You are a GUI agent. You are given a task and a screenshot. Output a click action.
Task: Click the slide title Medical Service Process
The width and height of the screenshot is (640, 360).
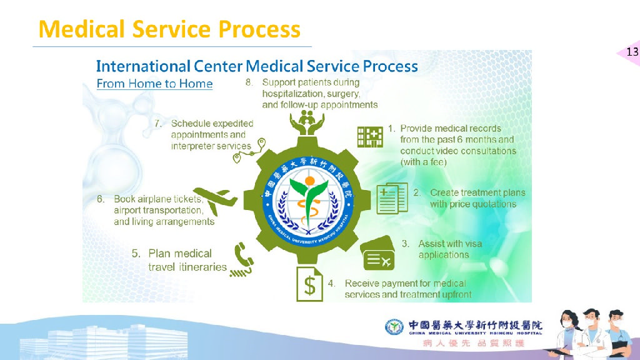(x=169, y=29)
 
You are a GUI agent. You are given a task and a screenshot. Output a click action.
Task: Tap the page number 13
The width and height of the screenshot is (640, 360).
(x=632, y=52)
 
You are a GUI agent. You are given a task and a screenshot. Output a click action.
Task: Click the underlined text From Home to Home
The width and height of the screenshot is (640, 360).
(x=154, y=84)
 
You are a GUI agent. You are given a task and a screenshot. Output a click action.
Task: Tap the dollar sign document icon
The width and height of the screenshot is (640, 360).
(x=309, y=284)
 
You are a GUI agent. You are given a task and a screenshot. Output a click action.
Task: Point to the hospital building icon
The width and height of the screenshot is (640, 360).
(x=370, y=137)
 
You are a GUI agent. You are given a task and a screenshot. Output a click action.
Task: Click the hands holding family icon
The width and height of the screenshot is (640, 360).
(x=306, y=122)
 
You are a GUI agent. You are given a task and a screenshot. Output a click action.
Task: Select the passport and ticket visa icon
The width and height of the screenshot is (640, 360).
(x=379, y=254)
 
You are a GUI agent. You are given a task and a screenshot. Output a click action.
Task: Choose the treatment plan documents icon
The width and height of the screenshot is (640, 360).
(x=392, y=197)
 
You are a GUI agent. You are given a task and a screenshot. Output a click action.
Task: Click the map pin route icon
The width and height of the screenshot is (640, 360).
(x=249, y=151)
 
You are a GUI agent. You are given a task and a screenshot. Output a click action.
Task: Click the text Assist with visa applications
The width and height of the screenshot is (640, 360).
(x=449, y=249)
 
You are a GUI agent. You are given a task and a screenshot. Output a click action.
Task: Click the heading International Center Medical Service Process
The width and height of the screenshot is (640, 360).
(x=257, y=66)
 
